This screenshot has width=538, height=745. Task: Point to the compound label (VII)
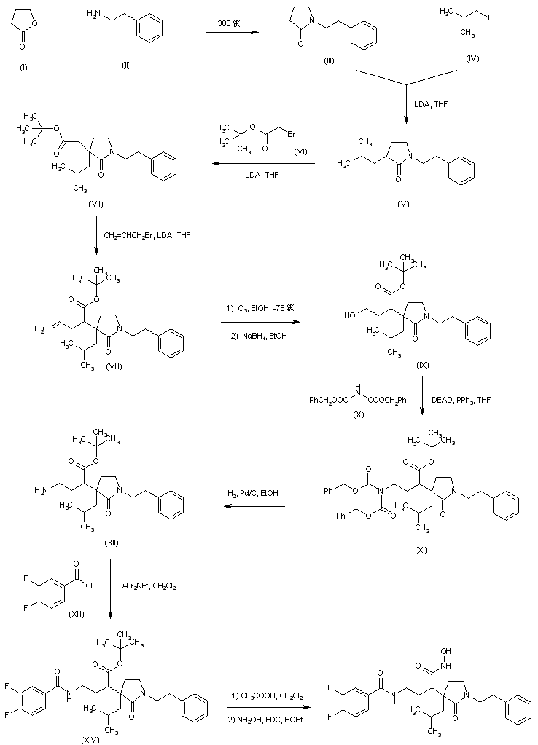click(95, 204)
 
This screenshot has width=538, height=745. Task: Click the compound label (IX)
click(422, 363)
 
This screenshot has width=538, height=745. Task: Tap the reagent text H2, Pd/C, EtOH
click(254, 493)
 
